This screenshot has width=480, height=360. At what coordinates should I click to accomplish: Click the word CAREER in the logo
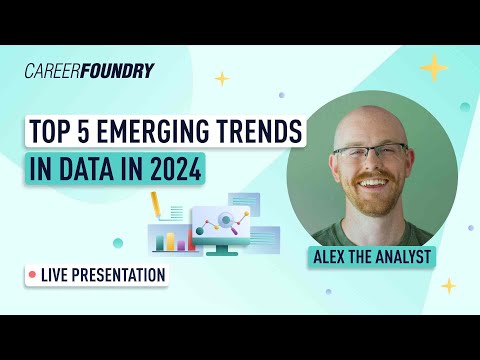56,70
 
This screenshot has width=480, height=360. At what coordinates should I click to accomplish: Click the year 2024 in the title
175,168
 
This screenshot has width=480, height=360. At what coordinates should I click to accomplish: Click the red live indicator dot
33,273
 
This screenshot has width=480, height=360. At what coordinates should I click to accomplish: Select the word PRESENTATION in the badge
118,273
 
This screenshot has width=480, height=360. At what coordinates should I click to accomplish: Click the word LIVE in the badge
56,273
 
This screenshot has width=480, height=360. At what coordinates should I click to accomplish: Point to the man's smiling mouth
371,186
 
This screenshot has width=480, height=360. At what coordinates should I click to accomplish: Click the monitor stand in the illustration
225,250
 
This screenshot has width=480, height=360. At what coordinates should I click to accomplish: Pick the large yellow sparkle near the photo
434,67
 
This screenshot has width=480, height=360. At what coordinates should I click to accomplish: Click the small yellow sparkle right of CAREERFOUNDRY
222,78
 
